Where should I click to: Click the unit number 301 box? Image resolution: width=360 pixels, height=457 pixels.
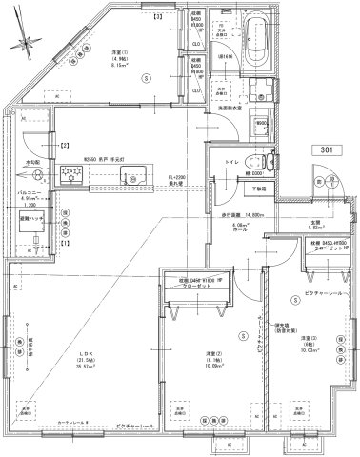(x=327, y=150)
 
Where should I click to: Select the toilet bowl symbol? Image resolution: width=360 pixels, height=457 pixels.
(x=248, y=159)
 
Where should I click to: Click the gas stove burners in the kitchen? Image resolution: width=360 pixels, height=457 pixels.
(x=70, y=174)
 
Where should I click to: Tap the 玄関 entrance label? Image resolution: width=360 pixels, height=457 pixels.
(x=316, y=224)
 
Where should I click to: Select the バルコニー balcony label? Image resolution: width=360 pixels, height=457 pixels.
(x=27, y=191)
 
